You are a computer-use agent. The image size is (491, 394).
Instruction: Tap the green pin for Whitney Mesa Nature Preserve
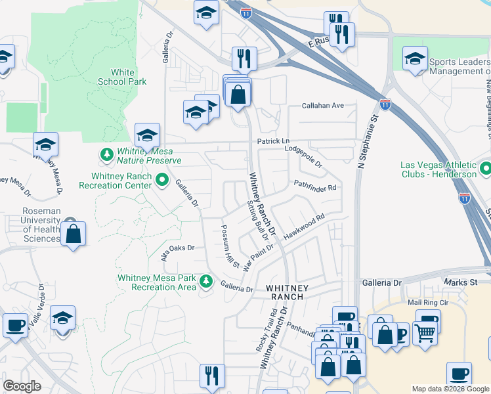pos(106,155)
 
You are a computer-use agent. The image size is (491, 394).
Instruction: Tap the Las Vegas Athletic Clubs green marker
pos(484,168)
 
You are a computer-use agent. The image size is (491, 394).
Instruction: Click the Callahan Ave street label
pos(323,105)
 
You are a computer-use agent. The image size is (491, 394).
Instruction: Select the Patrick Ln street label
pos(272,141)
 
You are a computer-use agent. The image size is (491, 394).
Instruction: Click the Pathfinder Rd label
pos(314,186)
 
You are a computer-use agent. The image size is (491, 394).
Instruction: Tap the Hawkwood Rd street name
pos(304,227)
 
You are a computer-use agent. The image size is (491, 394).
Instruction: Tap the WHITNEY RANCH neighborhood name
pos(285,292)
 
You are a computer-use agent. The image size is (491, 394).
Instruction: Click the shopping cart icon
pos(425,333)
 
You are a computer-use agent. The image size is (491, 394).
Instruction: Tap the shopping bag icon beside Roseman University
pos(74,233)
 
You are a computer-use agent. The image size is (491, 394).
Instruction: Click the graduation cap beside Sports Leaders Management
pos(415,58)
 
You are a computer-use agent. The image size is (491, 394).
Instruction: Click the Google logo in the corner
pos(22,386)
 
